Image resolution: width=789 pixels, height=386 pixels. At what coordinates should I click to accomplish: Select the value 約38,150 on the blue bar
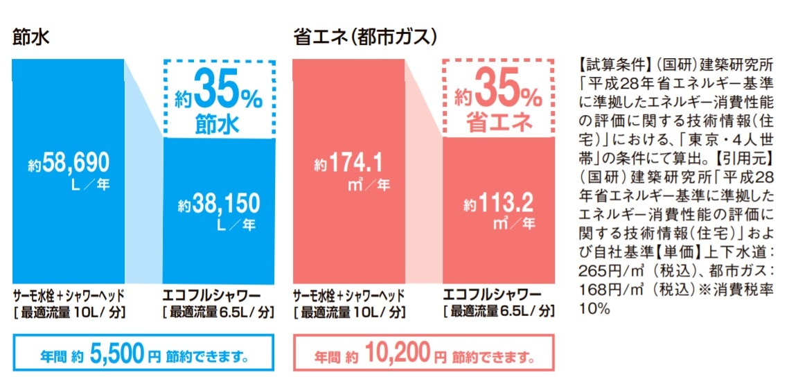click(218, 204)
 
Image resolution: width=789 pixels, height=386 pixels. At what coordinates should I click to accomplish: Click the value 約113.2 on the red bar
click(499, 203)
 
